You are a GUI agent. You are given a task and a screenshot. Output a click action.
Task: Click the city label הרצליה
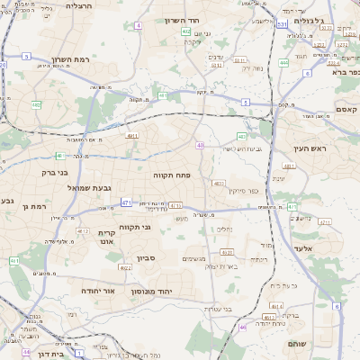pyautogui.click(x=80, y=5)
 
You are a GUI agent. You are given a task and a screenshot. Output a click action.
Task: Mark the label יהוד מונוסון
pyautogui.click(x=168, y=292)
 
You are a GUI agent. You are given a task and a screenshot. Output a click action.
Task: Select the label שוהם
pyautogui.click(x=297, y=344)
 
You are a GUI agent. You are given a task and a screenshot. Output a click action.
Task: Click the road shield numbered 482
pyautogui.click(x=36, y=105)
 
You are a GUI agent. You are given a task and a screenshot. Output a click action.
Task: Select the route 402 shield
pyautogui.click(x=184, y=32)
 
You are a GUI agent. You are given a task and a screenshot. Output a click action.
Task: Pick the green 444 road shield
pyautogui.click(x=283, y=63)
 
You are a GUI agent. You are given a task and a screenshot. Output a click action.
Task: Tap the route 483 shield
pyautogui.click(x=163, y=94)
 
